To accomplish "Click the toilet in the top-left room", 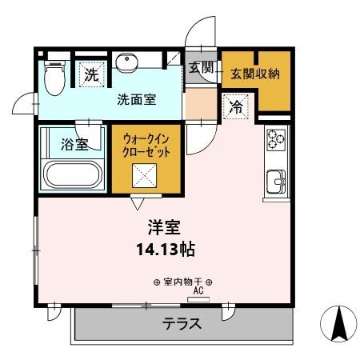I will pyautogui.click(x=54, y=77).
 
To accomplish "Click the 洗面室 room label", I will pyautogui.click(x=136, y=100).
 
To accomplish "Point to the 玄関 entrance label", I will pyautogui.click(x=201, y=68).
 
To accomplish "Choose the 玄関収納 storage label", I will pyautogui.click(x=254, y=74).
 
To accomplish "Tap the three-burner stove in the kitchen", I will pyautogui.click(x=276, y=139).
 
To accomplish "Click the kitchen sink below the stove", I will pyautogui.click(x=276, y=182).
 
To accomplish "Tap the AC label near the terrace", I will pyautogui.click(x=197, y=292).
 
